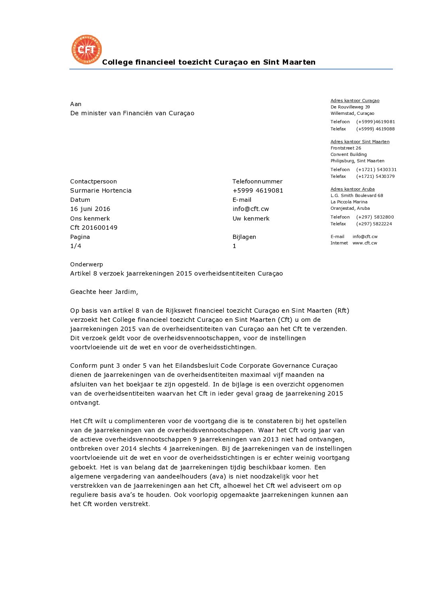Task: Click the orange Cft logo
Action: pos(87,49)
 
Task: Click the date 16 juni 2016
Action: pos(90,209)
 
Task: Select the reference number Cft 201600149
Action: pos(94,228)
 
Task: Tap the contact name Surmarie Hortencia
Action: pos(101,191)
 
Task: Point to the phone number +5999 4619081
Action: pos(258,191)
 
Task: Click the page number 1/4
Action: pos(76,246)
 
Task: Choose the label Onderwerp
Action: pos(87,264)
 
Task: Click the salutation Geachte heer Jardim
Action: pos(104,292)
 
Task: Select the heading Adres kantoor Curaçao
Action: pos(355,100)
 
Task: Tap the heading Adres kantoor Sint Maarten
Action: pos(360,142)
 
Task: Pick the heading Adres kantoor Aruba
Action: pos(353,189)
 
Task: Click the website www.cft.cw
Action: pos(365,243)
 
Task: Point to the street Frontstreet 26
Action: pos(346,148)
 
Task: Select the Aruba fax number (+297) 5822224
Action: pos(374,224)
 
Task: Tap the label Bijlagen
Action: pos(244,237)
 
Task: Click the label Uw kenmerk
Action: pos(251,219)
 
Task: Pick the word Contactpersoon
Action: pos(93,181)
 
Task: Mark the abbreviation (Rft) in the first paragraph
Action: pos(342,311)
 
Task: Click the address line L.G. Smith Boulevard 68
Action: pos(357,195)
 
